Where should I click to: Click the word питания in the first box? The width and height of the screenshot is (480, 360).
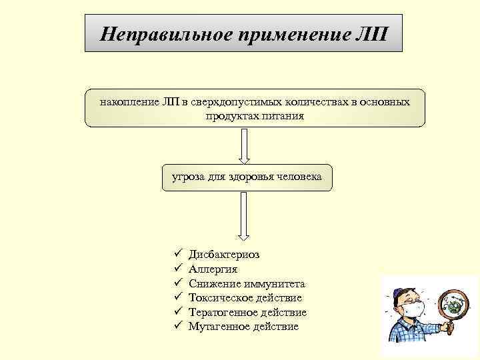[281, 116]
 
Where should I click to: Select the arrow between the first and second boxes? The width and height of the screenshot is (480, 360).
[244, 145]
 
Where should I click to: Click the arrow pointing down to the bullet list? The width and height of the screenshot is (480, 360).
[244, 217]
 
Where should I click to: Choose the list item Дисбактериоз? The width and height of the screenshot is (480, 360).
[225, 254]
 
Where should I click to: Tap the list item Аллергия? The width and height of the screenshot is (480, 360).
[213, 269]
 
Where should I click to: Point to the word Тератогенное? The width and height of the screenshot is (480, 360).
[219, 313]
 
